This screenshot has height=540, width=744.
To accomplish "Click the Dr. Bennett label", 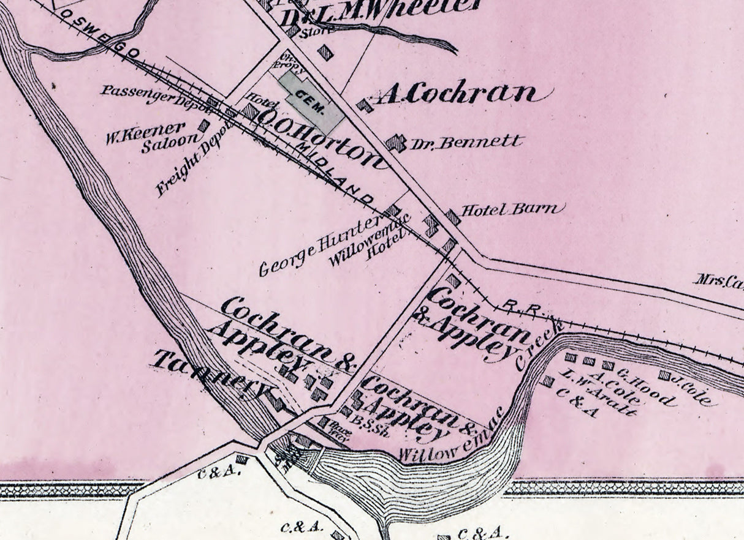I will coord(466,143).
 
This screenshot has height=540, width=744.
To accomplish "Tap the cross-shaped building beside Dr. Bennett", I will coord(396,143).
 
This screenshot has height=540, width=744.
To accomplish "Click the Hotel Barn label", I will coord(511,210).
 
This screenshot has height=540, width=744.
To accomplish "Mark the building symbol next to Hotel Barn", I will coord(453,217).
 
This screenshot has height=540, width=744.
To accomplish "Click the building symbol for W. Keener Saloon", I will coord(203,126).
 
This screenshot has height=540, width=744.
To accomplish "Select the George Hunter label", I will coord(319,247).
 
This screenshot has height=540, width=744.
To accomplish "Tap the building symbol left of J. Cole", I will coord(664,375).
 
